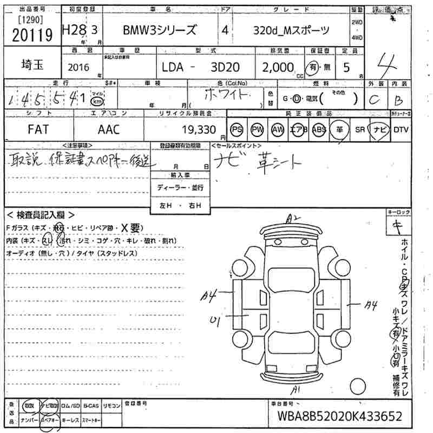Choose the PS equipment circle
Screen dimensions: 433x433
[237, 130]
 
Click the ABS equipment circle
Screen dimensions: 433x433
[319, 130]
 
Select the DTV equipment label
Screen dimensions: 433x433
[401, 130]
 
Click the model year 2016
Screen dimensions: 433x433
[80, 67]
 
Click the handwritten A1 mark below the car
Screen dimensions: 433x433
[295, 390]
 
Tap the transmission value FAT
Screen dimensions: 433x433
[38, 130]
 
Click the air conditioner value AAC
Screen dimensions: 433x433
[108, 130]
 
